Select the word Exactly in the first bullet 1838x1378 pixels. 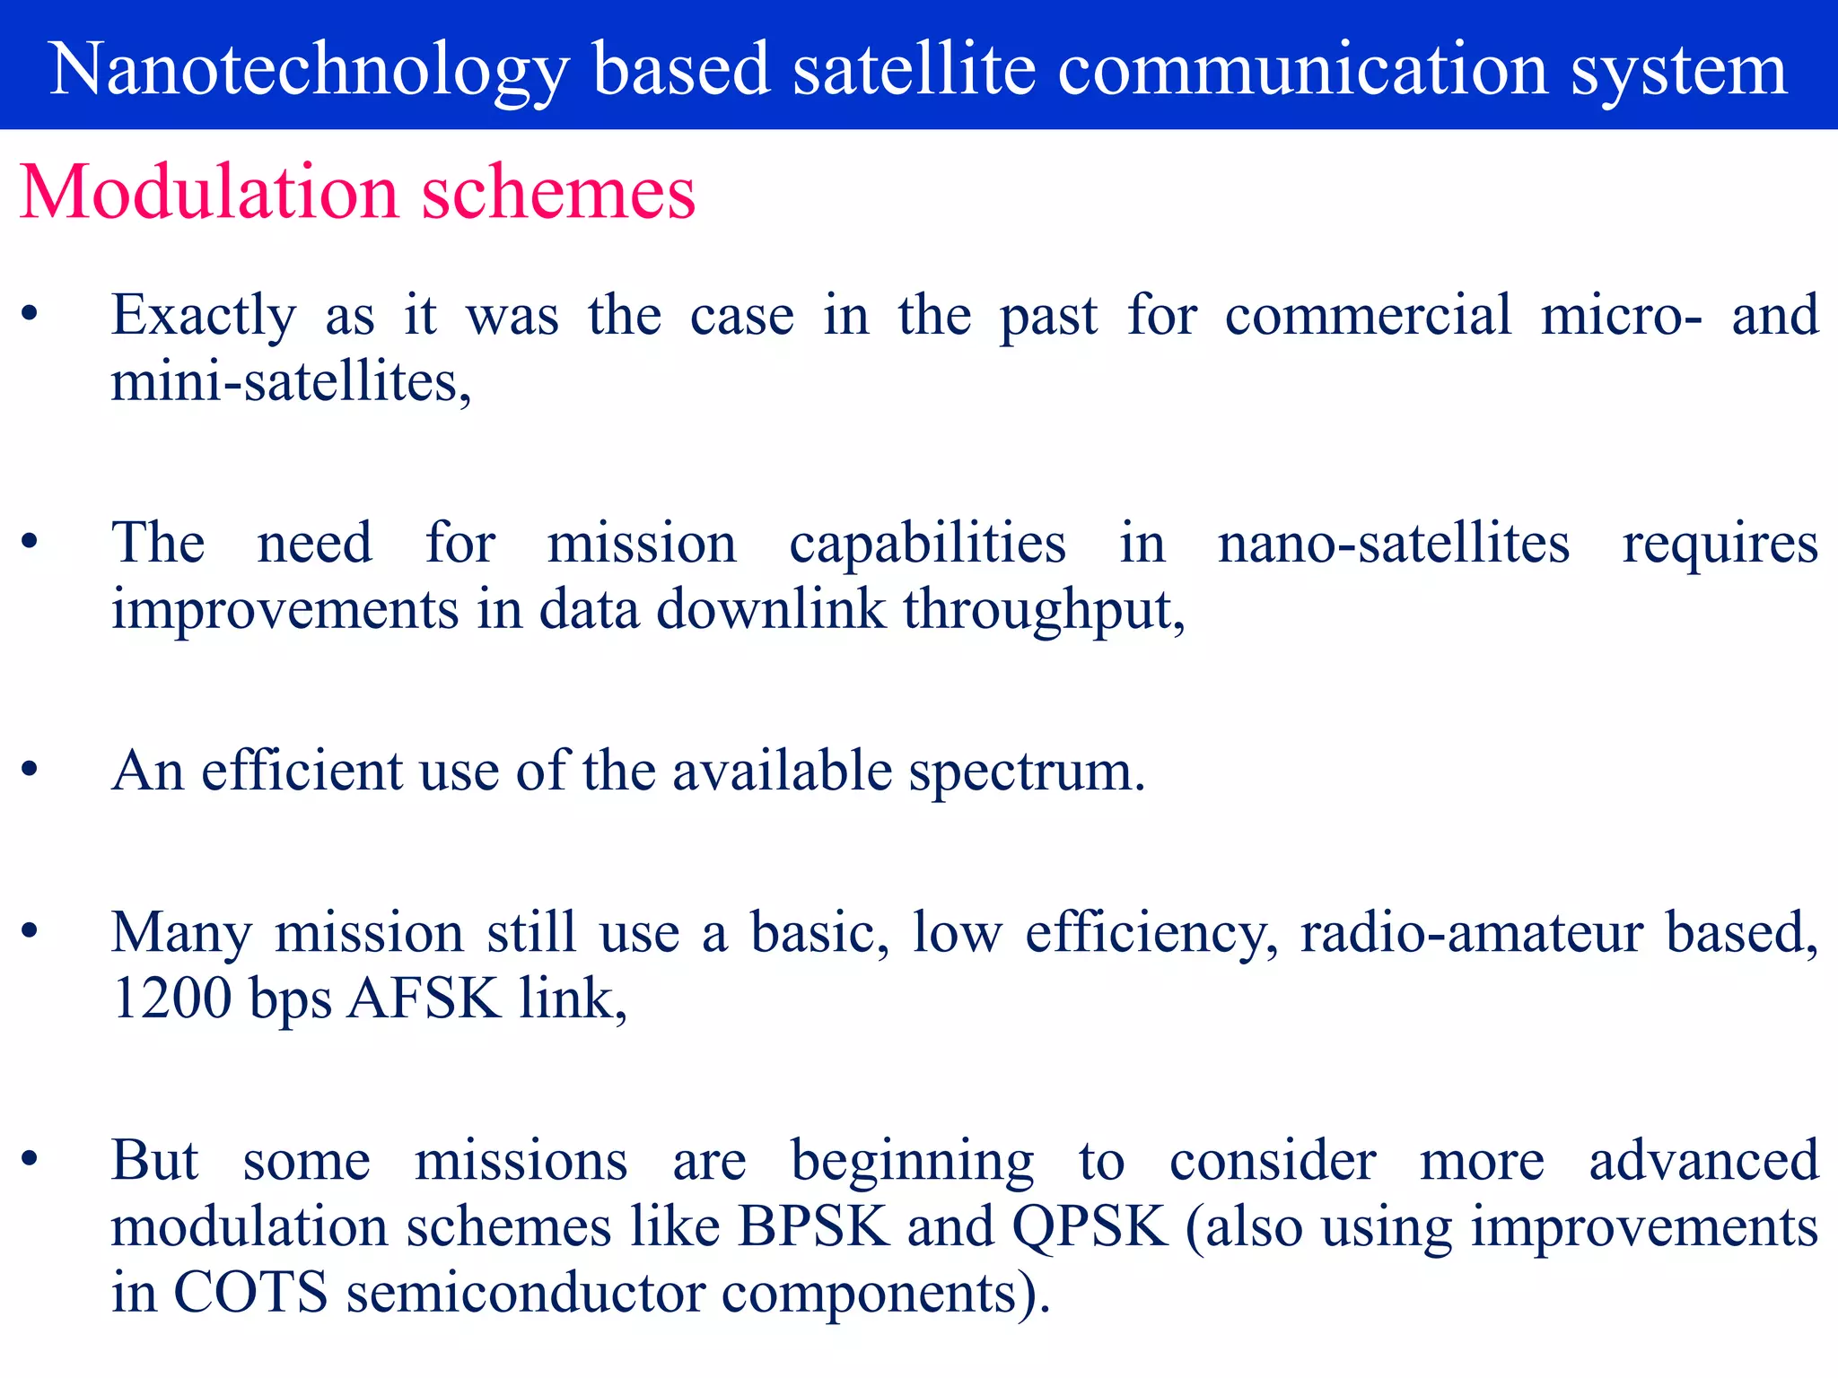(204, 316)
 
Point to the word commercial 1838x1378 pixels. (1368, 316)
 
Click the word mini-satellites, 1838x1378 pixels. (291, 382)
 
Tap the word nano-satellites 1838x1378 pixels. (1393, 544)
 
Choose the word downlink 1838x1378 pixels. (771, 610)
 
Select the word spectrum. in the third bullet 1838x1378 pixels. (1027, 772)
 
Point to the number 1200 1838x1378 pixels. (171, 999)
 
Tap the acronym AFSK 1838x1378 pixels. (423, 999)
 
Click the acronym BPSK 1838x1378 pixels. (813, 1226)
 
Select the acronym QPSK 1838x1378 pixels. (1090, 1226)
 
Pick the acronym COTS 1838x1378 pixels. (250, 1293)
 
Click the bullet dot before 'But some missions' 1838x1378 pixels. (30, 1159)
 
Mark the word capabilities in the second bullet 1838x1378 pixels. (927, 544)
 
